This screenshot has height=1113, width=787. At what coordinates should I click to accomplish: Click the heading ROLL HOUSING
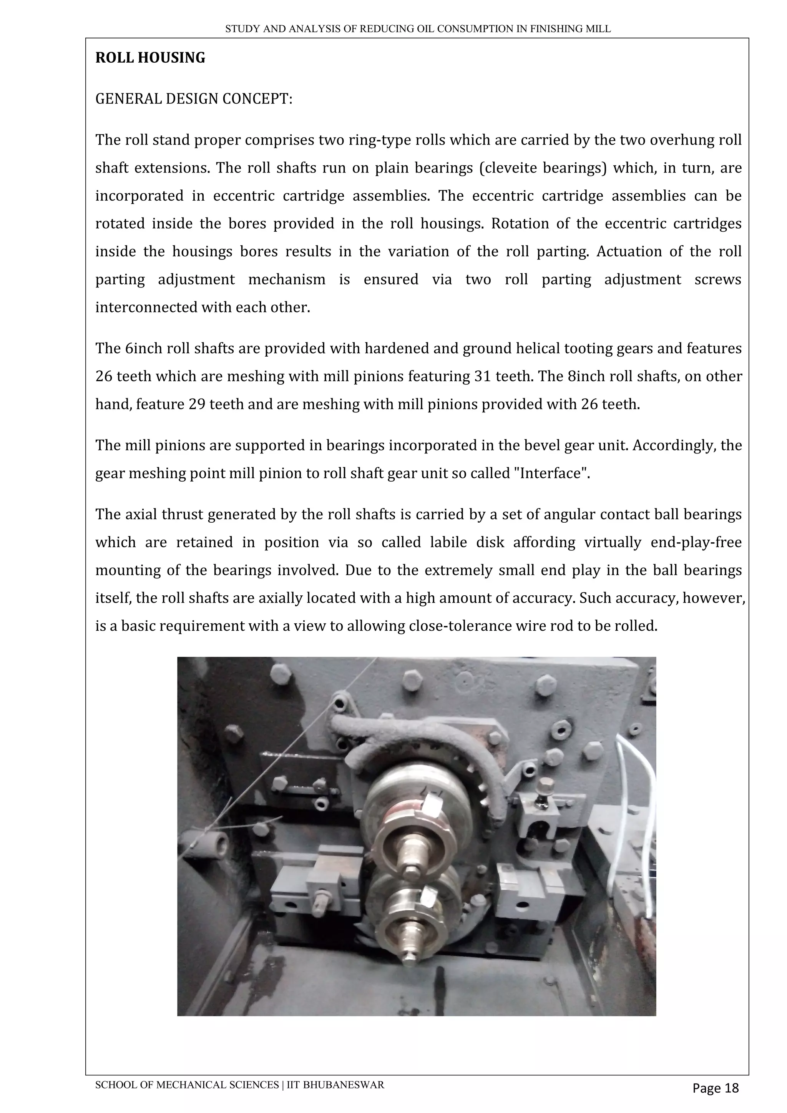150,58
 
